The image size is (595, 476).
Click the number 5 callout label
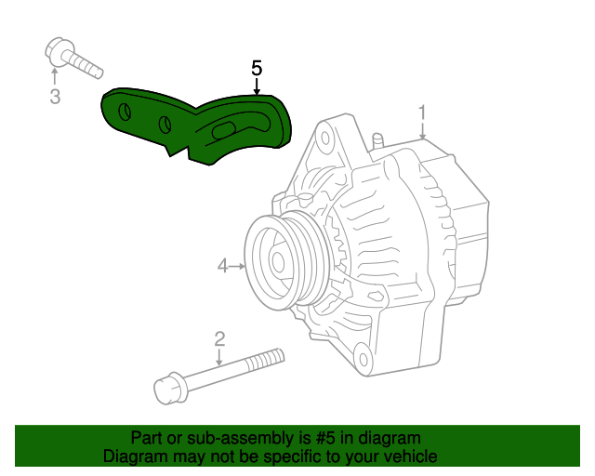click(257, 68)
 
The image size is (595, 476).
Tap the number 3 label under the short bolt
click(55, 96)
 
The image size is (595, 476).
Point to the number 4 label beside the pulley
click(223, 267)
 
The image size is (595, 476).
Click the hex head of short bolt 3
click(56, 52)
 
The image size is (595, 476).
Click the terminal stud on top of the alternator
click(377, 140)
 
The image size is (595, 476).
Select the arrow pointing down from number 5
click(257, 87)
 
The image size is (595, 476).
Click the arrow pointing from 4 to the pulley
click(237, 267)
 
